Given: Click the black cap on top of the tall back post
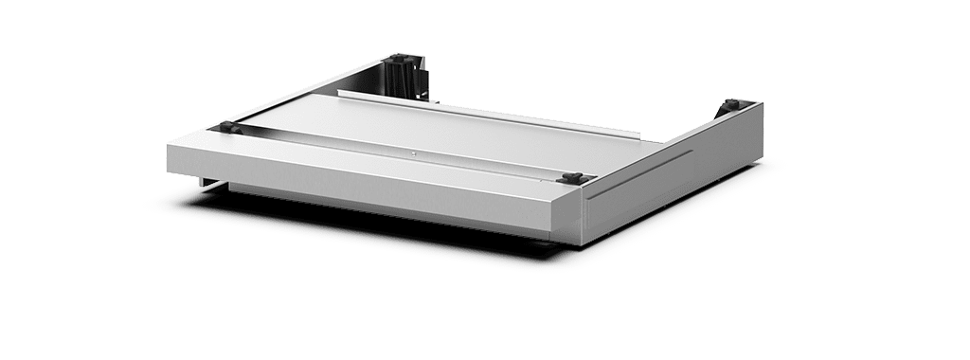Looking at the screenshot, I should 399,59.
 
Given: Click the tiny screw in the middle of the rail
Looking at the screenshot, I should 412,152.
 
